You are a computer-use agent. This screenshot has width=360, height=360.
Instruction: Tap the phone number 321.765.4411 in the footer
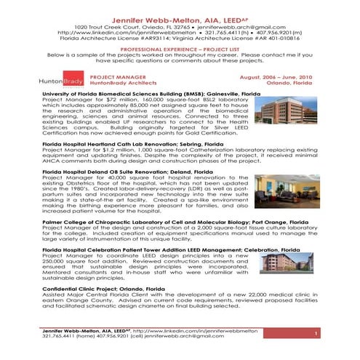(x=61, y=337)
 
